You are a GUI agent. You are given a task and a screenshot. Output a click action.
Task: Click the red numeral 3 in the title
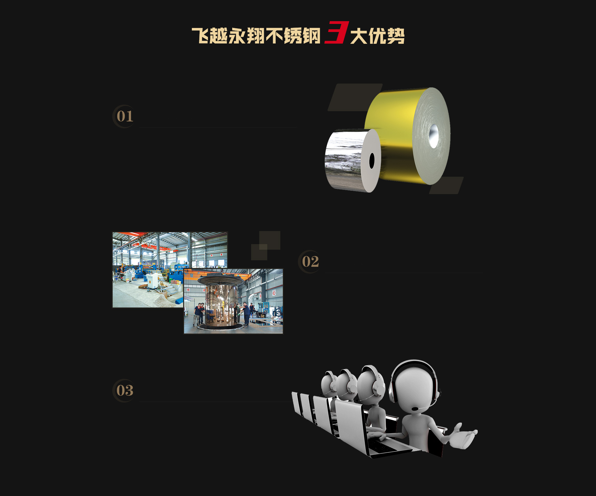[x=337, y=32]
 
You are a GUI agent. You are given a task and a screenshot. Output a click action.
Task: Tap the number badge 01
[x=124, y=116]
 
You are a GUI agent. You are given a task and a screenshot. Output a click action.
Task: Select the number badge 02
[x=310, y=262]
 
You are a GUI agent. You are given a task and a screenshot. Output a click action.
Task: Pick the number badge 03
[x=124, y=390]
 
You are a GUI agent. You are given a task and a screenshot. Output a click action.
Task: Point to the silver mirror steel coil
[x=353, y=161]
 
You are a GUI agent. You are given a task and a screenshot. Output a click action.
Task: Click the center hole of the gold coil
[x=434, y=136]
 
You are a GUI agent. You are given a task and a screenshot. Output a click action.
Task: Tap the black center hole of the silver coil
[x=372, y=161]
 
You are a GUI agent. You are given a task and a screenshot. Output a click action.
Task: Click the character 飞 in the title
[x=201, y=36]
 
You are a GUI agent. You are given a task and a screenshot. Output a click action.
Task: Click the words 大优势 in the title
[x=377, y=36]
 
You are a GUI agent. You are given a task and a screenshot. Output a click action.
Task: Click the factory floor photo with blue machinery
[x=170, y=270]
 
